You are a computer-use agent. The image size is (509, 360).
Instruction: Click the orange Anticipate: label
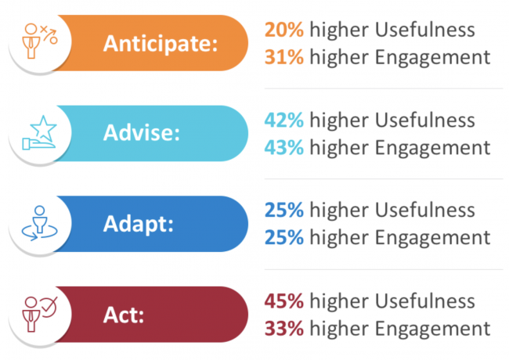pyautogui.click(x=161, y=44)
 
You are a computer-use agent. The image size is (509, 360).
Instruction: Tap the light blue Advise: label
pyautogui.click(x=142, y=132)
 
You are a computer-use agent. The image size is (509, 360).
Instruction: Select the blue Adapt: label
pyautogui.click(x=139, y=224)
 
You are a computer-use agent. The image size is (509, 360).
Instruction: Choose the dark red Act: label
pyautogui.click(x=124, y=315)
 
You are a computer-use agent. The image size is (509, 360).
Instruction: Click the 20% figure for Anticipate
pyautogui.click(x=284, y=30)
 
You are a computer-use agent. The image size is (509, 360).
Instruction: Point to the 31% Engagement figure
pyautogui.click(x=284, y=57)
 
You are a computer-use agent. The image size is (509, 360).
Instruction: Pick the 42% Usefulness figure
pyautogui.click(x=284, y=120)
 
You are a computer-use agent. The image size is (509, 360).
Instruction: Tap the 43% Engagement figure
pyautogui.click(x=284, y=148)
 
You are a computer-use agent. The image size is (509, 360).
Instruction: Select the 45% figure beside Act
pyautogui.click(x=284, y=301)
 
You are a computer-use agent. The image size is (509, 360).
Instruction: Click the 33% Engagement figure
pyautogui.click(x=284, y=329)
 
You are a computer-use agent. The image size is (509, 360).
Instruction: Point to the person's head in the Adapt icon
pyautogui.click(x=40, y=211)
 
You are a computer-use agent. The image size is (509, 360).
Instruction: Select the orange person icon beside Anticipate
pyautogui.click(x=31, y=41)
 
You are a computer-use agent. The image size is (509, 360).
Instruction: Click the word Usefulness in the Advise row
pyautogui.click(x=425, y=120)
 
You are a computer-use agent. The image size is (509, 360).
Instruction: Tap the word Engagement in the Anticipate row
pyautogui.click(x=433, y=59)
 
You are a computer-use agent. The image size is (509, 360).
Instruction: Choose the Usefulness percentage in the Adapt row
pyautogui.click(x=284, y=211)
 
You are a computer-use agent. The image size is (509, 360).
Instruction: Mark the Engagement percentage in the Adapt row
pyautogui.click(x=284, y=238)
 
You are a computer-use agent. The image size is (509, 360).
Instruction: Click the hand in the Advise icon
pyautogui.click(x=38, y=144)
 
